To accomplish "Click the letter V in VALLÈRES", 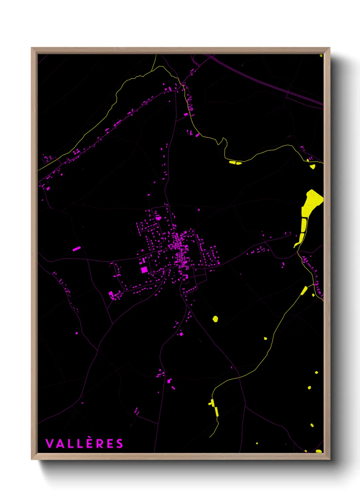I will pos(49,444).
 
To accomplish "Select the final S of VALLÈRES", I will pos(119,444).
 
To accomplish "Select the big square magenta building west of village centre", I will pos(144,270).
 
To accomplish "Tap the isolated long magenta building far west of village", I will pos(77,249).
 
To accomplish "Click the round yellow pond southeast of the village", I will pos(215,319).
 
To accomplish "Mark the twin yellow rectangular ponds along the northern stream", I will pos(235,163).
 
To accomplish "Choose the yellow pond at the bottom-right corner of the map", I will pos(318,451).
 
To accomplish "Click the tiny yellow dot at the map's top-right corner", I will pos(321,56).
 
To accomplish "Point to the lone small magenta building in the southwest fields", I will pos(76,333).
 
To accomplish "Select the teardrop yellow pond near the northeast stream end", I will pos(312,167).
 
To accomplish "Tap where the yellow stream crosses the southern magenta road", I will pos(239,377).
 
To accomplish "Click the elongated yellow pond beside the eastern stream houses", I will pos(304,290).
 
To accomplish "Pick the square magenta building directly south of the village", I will pos(181,334).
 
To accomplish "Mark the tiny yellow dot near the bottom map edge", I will pos(257,443).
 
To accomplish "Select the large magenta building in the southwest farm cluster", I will pos(111,294).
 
